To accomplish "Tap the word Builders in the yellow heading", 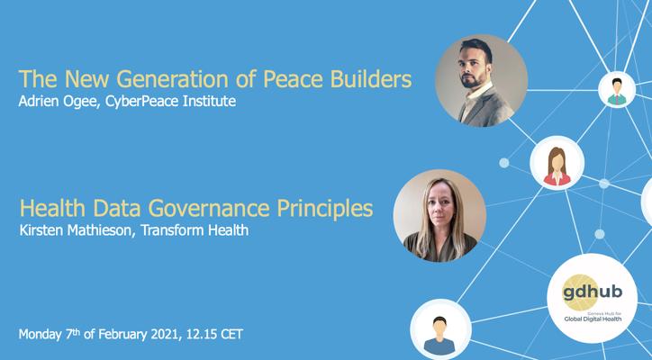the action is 371,79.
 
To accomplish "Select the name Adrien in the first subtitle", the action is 38,101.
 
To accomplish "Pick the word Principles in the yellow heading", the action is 325,209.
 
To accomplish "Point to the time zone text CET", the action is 231,334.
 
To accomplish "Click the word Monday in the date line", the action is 41,335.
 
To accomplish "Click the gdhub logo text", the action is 593,292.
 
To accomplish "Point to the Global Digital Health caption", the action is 593,319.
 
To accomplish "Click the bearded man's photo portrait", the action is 481,81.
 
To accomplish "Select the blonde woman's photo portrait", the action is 439,216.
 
